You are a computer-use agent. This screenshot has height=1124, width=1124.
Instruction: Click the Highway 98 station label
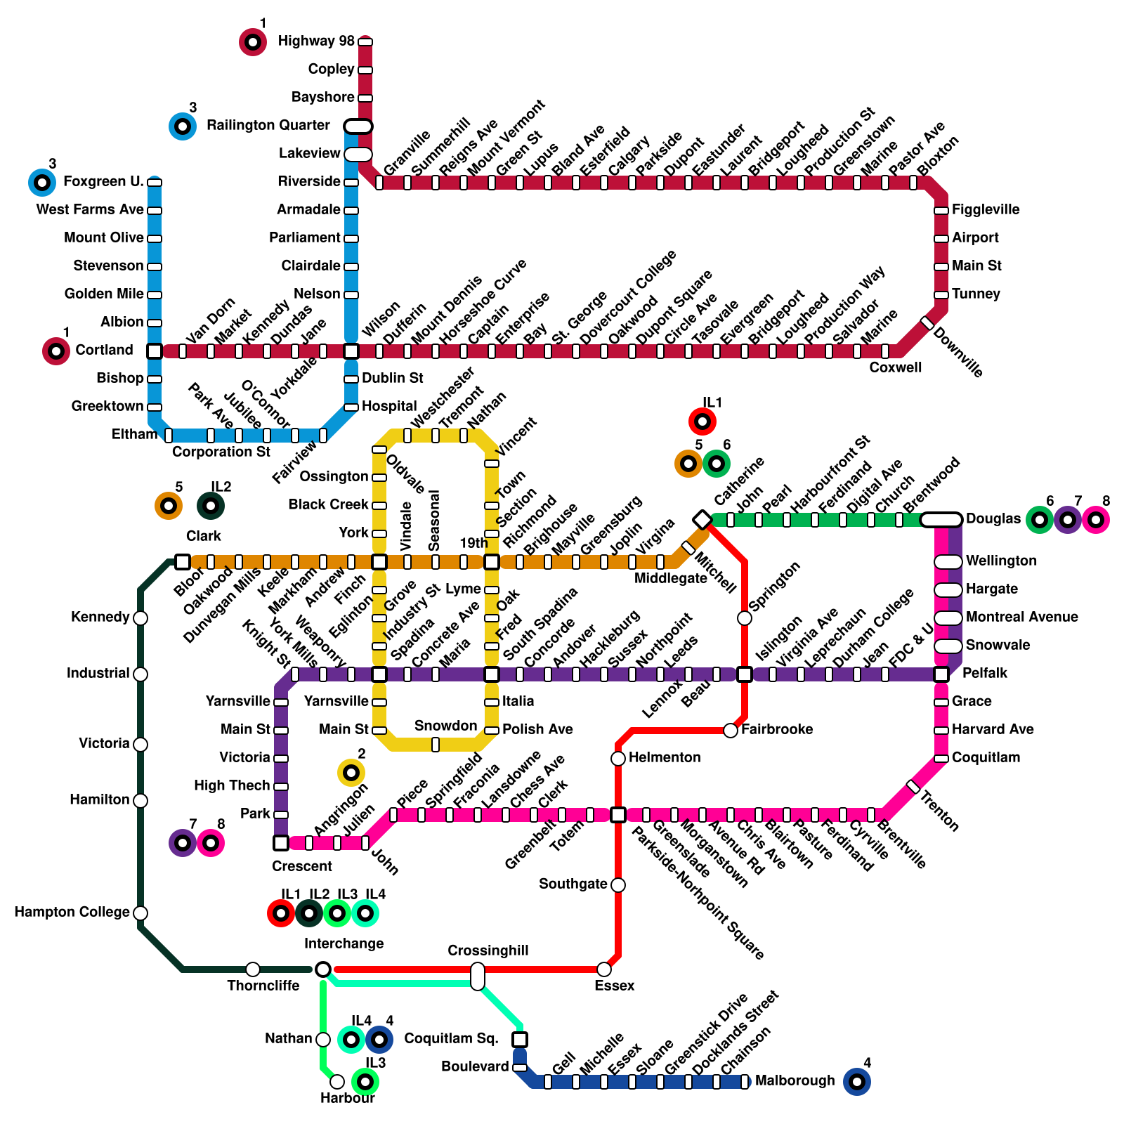tap(316, 41)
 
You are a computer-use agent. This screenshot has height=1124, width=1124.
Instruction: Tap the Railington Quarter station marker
tap(358, 126)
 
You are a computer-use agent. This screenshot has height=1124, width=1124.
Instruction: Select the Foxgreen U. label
tap(103, 182)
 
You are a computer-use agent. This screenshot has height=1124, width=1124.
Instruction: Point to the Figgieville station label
tap(986, 210)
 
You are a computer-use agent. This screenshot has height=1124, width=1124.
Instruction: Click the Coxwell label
tap(895, 368)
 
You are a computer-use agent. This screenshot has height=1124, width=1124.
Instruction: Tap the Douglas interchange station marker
tap(941, 520)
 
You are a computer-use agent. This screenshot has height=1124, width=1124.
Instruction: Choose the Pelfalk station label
tap(984, 674)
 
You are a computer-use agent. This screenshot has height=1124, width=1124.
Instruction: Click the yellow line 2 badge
tap(351, 773)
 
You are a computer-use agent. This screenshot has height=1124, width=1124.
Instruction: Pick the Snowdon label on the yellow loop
tap(445, 726)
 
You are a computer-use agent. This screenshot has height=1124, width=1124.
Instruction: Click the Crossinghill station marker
tap(478, 976)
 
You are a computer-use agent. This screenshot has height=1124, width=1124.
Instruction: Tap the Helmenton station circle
tap(618, 759)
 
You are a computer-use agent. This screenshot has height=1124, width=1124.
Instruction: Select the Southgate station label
tap(573, 884)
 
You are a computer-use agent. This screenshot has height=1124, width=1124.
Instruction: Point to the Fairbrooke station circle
tap(731, 731)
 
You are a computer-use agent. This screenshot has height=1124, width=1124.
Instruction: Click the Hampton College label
tap(72, 913)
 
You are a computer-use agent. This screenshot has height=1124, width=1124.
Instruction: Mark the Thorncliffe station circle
tap(253, 969)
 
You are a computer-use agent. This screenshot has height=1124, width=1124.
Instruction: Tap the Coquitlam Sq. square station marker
tap(520, 1040)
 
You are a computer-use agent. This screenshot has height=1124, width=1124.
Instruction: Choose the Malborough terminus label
tap(795, 1081)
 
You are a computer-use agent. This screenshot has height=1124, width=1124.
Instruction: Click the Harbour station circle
tap(337, 1082)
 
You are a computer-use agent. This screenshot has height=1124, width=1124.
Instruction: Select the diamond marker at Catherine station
tap(702, 520)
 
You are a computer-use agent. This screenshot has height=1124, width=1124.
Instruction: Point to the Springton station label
tap(774, 587)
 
